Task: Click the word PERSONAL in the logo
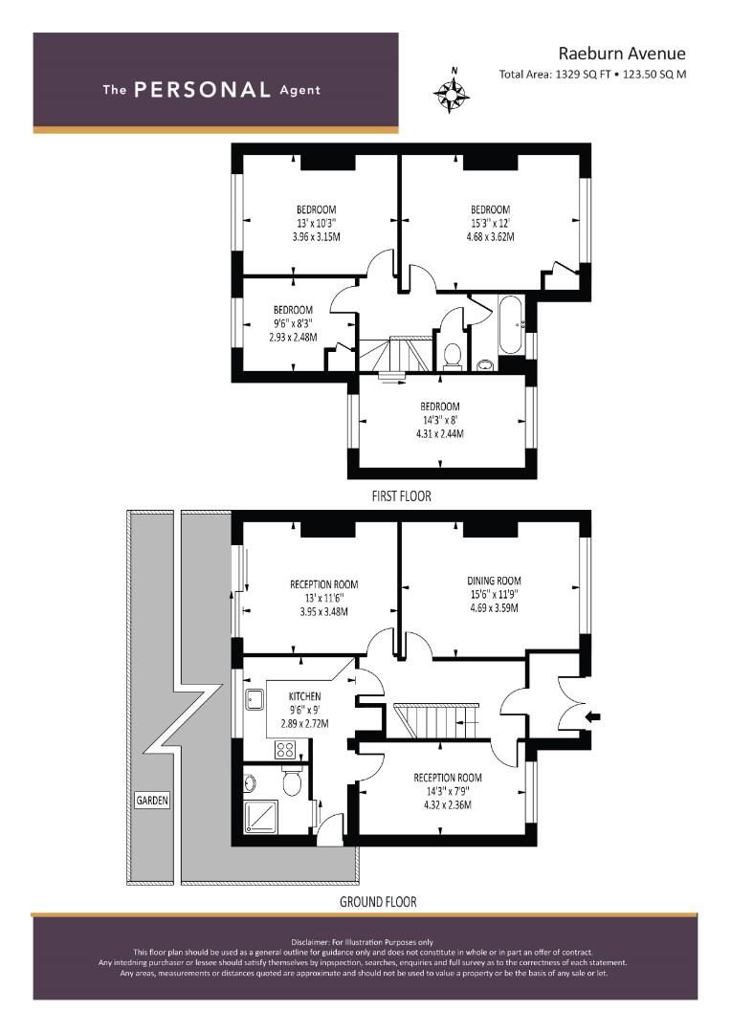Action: [202, 90]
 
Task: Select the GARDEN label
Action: [151, 801]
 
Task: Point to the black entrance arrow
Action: [593, 714]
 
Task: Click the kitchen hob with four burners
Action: [288, 749]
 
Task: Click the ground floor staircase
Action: [435, 720]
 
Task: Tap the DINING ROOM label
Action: [494, 581]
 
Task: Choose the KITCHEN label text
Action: [305, 696]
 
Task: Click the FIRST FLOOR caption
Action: [402, 496]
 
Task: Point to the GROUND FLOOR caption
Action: [378, 902]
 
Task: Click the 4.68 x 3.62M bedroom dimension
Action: [490, 236]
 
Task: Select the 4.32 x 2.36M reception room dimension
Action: [447, 804]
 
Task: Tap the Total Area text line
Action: [592, 74]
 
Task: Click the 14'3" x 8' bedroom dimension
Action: [440, 420]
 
